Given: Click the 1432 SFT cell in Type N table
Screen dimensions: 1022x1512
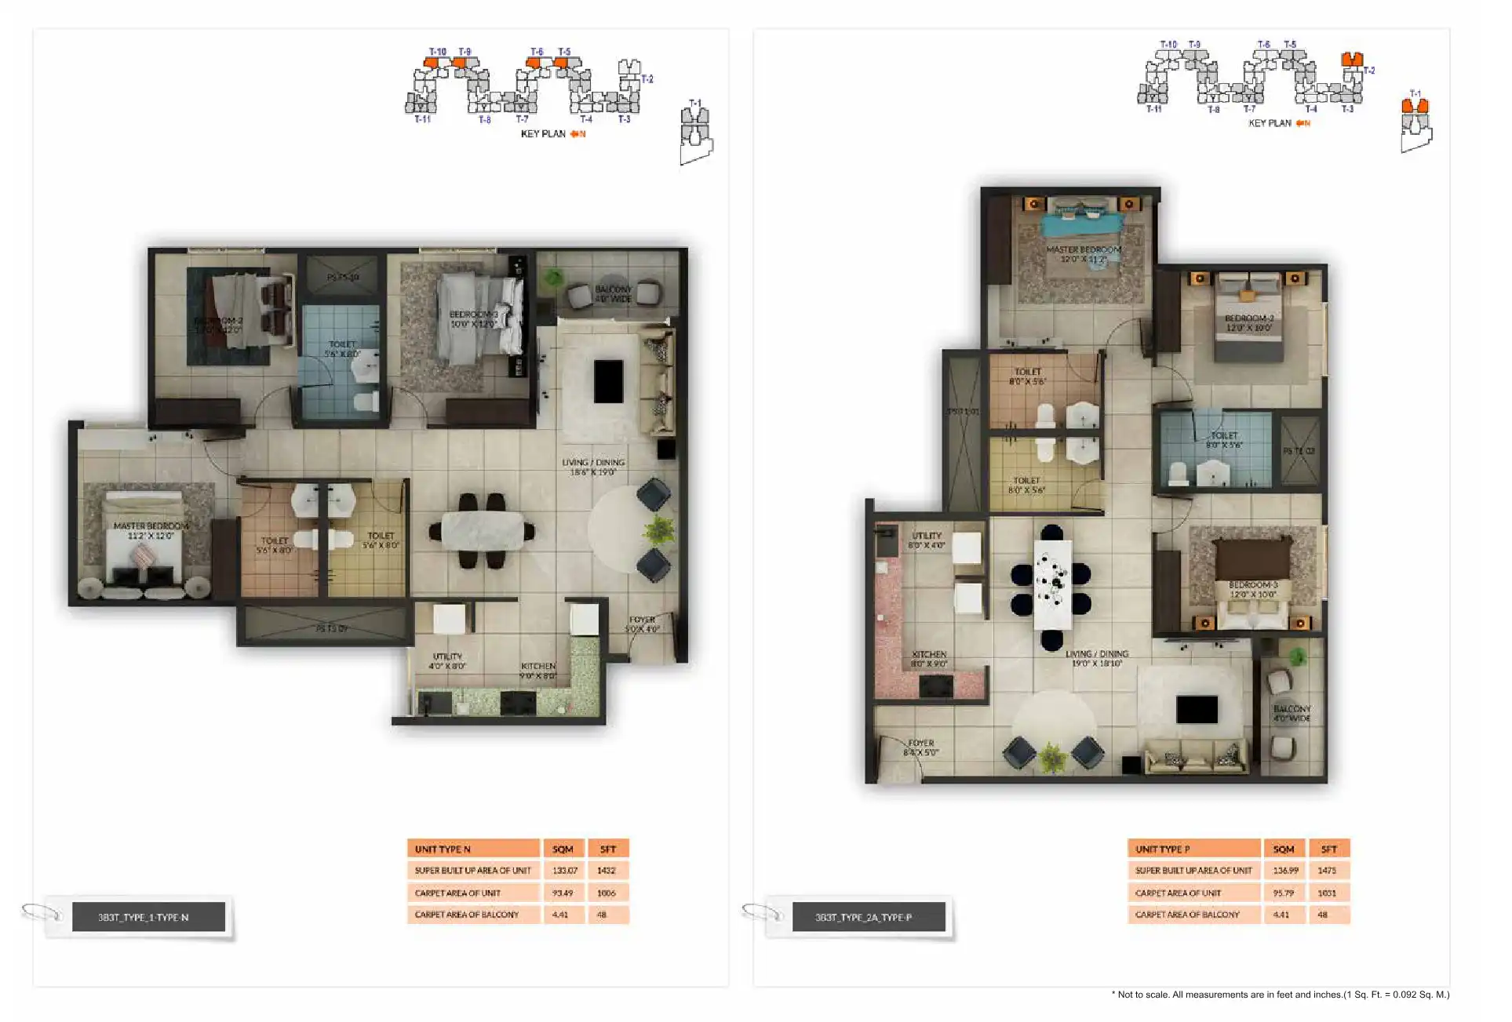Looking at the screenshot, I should pyautogui.click(x=607, y=871).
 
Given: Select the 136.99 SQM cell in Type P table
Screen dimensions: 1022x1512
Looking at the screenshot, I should pyautogui.click(x=1285, y=871).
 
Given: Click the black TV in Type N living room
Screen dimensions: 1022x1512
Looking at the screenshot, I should pyautogui.click(x=608, y=381).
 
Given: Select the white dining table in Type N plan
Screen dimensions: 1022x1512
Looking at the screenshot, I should pyautogui.click(x=482, y=531).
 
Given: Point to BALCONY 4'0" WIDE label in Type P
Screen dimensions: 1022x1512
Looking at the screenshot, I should pyautogui.click(x=1292, y=713).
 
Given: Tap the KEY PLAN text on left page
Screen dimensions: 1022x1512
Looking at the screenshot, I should pyautogui.click(x=543, y=134).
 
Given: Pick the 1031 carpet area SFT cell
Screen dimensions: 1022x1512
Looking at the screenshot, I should pyautogui.click(x=1327, y=893).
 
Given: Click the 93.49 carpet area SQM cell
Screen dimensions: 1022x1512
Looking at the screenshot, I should pyautogui.click(x=562, y=893).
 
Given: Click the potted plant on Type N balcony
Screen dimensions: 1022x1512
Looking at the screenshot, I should pyautogui.click(x=554, y=276).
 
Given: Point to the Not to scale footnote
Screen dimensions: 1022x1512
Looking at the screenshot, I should pyautogui.click(x=1280, y=995).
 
